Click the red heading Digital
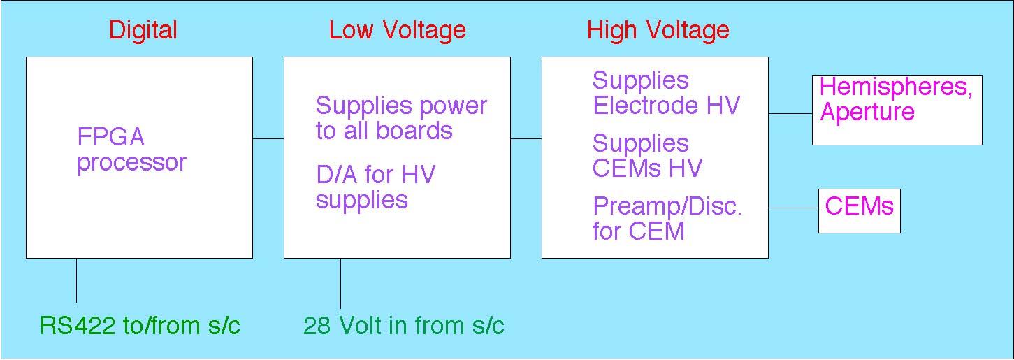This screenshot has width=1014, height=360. point(143,30)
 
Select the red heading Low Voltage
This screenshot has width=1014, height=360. point(397,30)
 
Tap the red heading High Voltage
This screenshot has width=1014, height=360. point(658,30)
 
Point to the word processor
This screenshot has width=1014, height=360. point(131,163)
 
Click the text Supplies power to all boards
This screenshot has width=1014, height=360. point(400,118)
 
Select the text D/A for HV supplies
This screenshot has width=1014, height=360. point(375,187)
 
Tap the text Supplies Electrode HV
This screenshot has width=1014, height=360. point(665,93)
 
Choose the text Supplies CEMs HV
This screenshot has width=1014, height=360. point(646,156)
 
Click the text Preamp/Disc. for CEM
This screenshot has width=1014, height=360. point(667,218)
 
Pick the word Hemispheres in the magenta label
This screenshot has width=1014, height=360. point(895,87)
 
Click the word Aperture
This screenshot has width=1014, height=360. point(867,113)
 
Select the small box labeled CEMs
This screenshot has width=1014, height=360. point(859,210)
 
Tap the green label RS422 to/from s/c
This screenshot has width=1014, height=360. point(140,326)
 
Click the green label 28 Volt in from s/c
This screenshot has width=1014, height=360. point(403,326)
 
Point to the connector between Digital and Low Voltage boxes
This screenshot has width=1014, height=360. point(268,139)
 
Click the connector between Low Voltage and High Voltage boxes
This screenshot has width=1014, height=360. point(526,139)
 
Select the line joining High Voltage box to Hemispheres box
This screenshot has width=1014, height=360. point(790,113)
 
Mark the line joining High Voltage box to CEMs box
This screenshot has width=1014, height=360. point(794,208)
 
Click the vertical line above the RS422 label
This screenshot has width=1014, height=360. point(76,280)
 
